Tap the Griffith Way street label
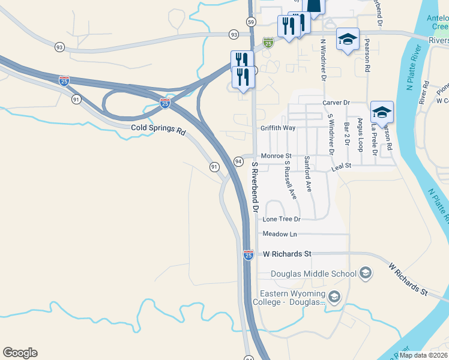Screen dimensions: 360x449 click(278, 128)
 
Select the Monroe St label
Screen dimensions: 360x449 click(276, 156)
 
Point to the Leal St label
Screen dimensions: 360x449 click(341, 166)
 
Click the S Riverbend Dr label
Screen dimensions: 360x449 click(255, 187)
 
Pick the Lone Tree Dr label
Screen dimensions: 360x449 click(280, 220)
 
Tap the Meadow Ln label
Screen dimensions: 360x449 click(280, 233)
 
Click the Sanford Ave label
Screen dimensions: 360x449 click(308, 173)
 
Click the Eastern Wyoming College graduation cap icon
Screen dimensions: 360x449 click(334, 296)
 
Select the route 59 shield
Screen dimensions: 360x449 click(250, 22)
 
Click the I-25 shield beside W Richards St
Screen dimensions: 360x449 click(249, 255)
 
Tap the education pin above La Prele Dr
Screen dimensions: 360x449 click(382, 112)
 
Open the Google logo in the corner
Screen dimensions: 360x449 click(20, 353)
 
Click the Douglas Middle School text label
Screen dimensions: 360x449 click(314, 274)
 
